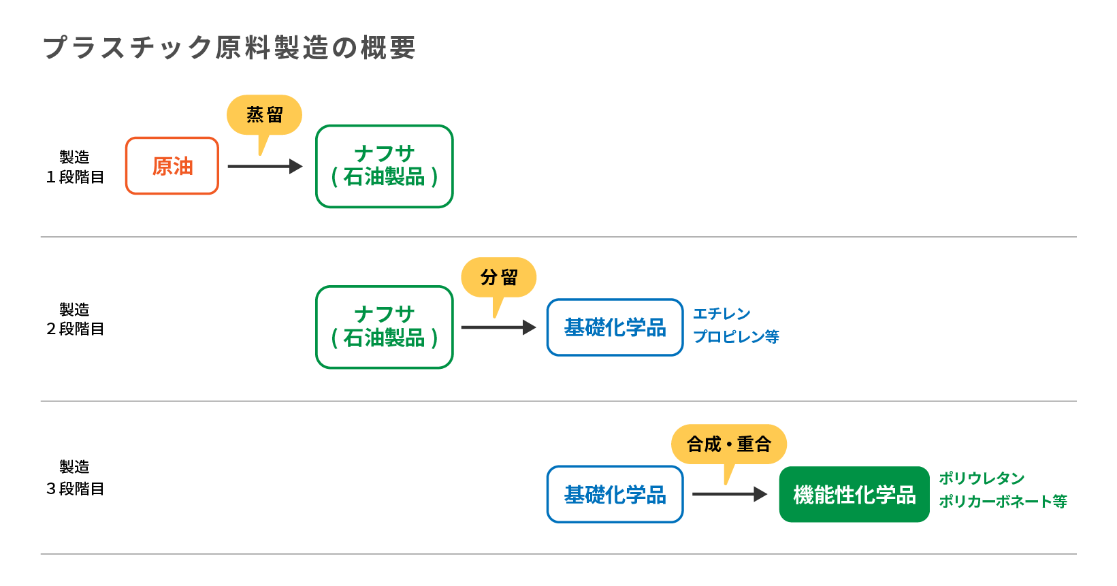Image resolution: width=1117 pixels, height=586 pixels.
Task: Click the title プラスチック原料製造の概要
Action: tap(229, 48)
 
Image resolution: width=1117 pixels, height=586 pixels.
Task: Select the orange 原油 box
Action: tap(172, 166)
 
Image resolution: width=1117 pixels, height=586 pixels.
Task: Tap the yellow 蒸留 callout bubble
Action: tap(264, 115)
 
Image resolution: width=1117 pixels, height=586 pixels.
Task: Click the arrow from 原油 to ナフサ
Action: tap(264, 166)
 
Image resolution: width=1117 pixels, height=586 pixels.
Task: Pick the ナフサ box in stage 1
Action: tap(385, 166)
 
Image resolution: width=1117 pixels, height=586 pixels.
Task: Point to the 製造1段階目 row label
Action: tap(75, 167)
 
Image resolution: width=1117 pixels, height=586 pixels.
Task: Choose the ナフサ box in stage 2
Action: tap(385, 327)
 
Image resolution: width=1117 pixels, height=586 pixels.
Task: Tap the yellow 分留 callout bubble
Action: tap(499, 278)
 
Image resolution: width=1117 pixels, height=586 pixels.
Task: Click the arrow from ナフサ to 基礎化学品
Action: tap(498, 327)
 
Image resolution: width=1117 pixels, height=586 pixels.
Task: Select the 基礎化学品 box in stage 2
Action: tap(615, 327)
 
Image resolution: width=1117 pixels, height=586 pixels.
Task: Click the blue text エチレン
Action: tap(722, 314)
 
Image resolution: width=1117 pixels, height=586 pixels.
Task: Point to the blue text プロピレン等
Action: tap(736, 337)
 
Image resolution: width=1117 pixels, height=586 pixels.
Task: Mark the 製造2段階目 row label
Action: tap(75, 319)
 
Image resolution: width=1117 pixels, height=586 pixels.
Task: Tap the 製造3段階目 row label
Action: tap(75, 478)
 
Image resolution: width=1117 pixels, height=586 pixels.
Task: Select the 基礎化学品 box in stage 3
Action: tap(615, 494)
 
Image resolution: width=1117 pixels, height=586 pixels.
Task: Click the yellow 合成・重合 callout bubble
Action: tap(729, 444)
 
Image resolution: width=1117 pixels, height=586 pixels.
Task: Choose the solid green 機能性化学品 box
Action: tap(854, 494)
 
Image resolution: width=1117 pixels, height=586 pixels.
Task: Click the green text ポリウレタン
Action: tap(982, 478)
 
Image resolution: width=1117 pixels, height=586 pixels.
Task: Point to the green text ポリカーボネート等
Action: tap(1003, 502)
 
